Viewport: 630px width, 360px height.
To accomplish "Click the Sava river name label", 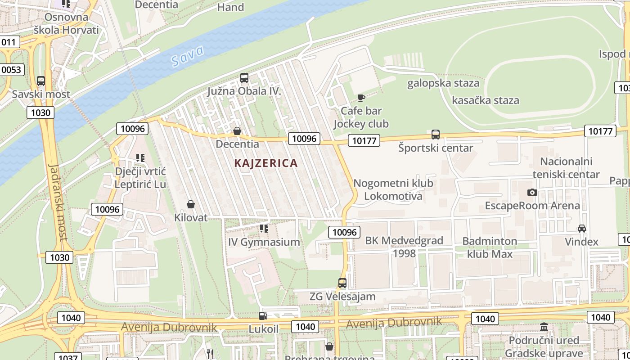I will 188,56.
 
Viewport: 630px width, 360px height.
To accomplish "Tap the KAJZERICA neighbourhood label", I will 266,163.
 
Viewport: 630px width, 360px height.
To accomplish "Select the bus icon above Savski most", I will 41,81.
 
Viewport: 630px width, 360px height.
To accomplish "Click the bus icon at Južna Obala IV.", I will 244,78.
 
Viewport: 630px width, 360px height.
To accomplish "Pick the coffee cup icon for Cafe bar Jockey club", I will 361,98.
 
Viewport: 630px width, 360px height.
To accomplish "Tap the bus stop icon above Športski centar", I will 435,134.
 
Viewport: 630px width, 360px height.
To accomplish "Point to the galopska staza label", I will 443,83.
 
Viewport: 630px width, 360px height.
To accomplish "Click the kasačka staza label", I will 485,100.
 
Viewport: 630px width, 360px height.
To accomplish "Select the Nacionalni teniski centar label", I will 566,168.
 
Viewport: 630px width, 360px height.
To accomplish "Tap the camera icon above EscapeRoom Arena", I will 532,192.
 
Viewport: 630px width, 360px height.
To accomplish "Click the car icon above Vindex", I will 581,228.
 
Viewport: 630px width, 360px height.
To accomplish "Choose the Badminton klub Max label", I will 490,247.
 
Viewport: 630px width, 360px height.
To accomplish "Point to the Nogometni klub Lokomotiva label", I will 393,189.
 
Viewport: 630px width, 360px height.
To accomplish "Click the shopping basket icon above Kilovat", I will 191,204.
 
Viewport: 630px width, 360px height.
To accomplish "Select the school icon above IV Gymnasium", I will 264,229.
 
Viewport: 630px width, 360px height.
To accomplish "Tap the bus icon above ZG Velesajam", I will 342,283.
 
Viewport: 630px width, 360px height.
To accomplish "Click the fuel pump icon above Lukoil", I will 263,316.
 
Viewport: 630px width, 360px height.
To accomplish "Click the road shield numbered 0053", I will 11,70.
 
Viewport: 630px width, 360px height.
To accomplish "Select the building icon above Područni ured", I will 544,327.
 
